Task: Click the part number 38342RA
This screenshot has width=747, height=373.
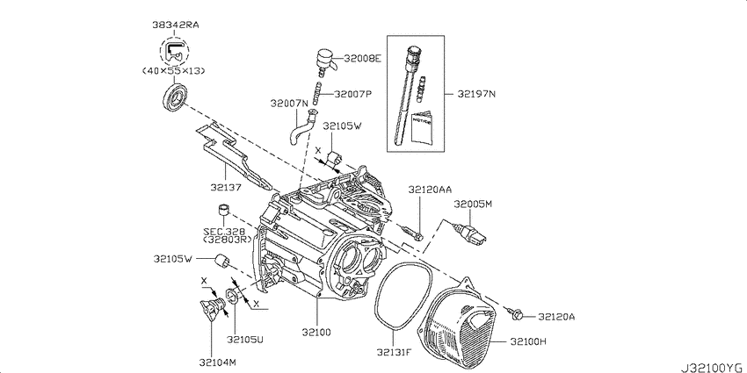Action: [x=176, y=25]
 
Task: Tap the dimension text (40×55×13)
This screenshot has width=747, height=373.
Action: [x=175, y=71]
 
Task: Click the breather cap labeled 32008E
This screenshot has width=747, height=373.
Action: [x=322, y=61]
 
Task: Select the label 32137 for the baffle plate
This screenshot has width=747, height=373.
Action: [x=227, y=187]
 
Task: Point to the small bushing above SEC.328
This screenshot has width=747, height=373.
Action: [x=224, y=210]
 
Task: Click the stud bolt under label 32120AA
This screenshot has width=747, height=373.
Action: [x=414, y=233]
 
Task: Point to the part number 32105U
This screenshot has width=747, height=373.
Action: [x=245, y=339]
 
